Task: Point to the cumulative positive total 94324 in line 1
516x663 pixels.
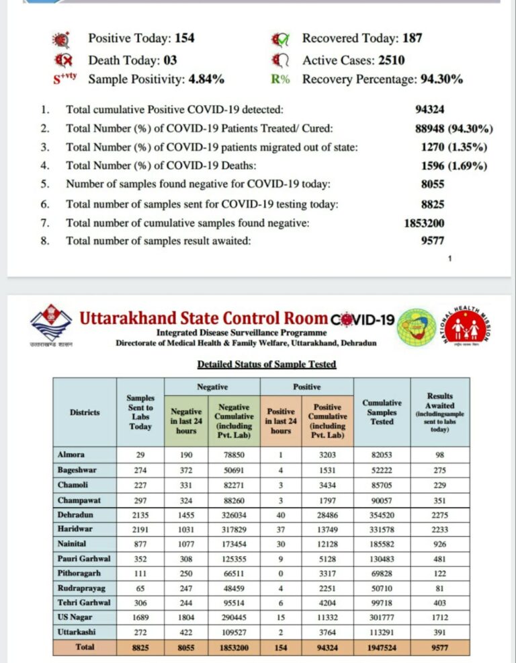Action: [x=429, y=110]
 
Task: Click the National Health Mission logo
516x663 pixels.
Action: [x=464, y=327]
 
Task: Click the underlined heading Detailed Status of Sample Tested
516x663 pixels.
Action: [x=266, y=364]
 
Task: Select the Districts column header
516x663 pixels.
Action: [x=85, y=412]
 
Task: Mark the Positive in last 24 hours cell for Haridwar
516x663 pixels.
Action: [x=280, y=530]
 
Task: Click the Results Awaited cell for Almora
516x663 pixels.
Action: [x=440, y=455]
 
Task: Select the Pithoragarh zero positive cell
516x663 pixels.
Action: [x=280, y=574]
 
